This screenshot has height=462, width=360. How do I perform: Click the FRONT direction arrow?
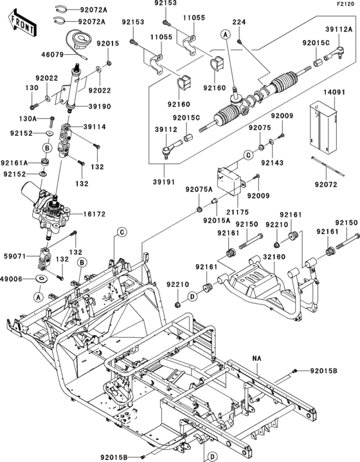(x=21, y=23)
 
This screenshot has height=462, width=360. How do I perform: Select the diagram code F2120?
(x=346, y=4)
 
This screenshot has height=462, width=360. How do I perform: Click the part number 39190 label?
(x=100, y=106)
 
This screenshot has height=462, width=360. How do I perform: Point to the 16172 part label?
(x=94, y=214)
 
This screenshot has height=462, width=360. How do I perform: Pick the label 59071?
(x=14, y=256)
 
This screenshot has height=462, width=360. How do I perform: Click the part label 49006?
(x=12, y=278)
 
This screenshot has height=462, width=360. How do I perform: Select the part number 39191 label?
(x=164, y=182)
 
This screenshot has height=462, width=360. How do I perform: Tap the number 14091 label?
(x=334, y=92)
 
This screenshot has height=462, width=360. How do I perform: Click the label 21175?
(x=238, y=212)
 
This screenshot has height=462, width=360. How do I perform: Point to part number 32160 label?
(x=274, y=257)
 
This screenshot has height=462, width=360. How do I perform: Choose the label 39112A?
(x=339, y=29)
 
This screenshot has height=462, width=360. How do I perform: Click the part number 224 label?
(x=239, y=22)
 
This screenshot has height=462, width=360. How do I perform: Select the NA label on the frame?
(x=257, y=358)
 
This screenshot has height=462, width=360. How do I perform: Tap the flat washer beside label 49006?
(x=41, y=278)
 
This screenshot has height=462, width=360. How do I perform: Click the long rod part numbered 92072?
(x=328, y=167)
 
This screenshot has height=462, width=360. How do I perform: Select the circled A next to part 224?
(x=226, y=35)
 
